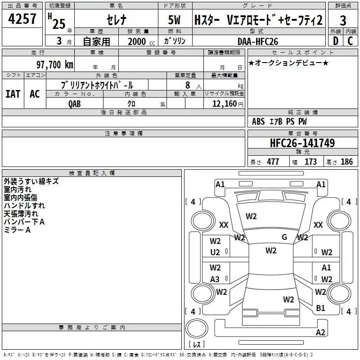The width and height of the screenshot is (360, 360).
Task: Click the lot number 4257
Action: click(x=22, y=20)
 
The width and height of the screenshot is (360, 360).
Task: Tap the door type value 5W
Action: click(x=175, y=20)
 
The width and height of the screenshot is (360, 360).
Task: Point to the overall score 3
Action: click(x=343, y=21)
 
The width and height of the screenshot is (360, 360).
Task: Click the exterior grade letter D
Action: click(x=335, y=41)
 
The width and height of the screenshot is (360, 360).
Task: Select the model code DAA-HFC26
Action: click(x=258, y=41)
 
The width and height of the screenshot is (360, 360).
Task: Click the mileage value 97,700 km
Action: click(x=54, y=64)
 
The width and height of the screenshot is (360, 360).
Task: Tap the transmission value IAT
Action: click(x=13, y=94)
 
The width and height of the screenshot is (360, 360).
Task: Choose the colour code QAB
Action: click(x=75, y=103)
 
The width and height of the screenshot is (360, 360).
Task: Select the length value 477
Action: click(x=273, y=162)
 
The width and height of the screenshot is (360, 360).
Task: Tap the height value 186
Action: click(x=346, y=162)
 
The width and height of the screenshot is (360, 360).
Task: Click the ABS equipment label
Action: click(x=258, y=121)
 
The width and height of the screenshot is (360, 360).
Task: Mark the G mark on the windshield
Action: click(x=284, y=237)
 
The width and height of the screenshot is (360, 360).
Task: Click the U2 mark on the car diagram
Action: click(x=215, y=252)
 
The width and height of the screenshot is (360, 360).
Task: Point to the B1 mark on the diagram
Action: click(x=320, y=308)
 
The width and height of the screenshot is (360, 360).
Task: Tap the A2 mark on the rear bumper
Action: click(x=320, y=333)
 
